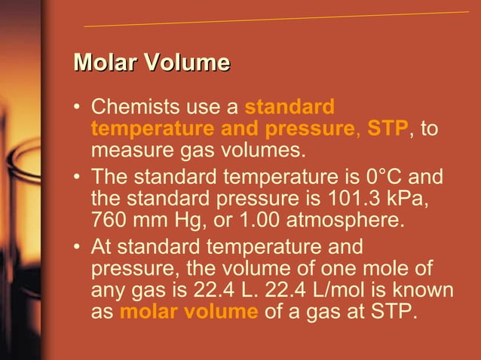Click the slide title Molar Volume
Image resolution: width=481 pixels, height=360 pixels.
151,63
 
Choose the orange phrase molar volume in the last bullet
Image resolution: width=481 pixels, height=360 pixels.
188,312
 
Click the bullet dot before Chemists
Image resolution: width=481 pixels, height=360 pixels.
77,107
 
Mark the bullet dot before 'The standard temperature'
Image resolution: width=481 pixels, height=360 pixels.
77,178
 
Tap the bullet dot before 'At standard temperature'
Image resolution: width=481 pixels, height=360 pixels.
77,246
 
